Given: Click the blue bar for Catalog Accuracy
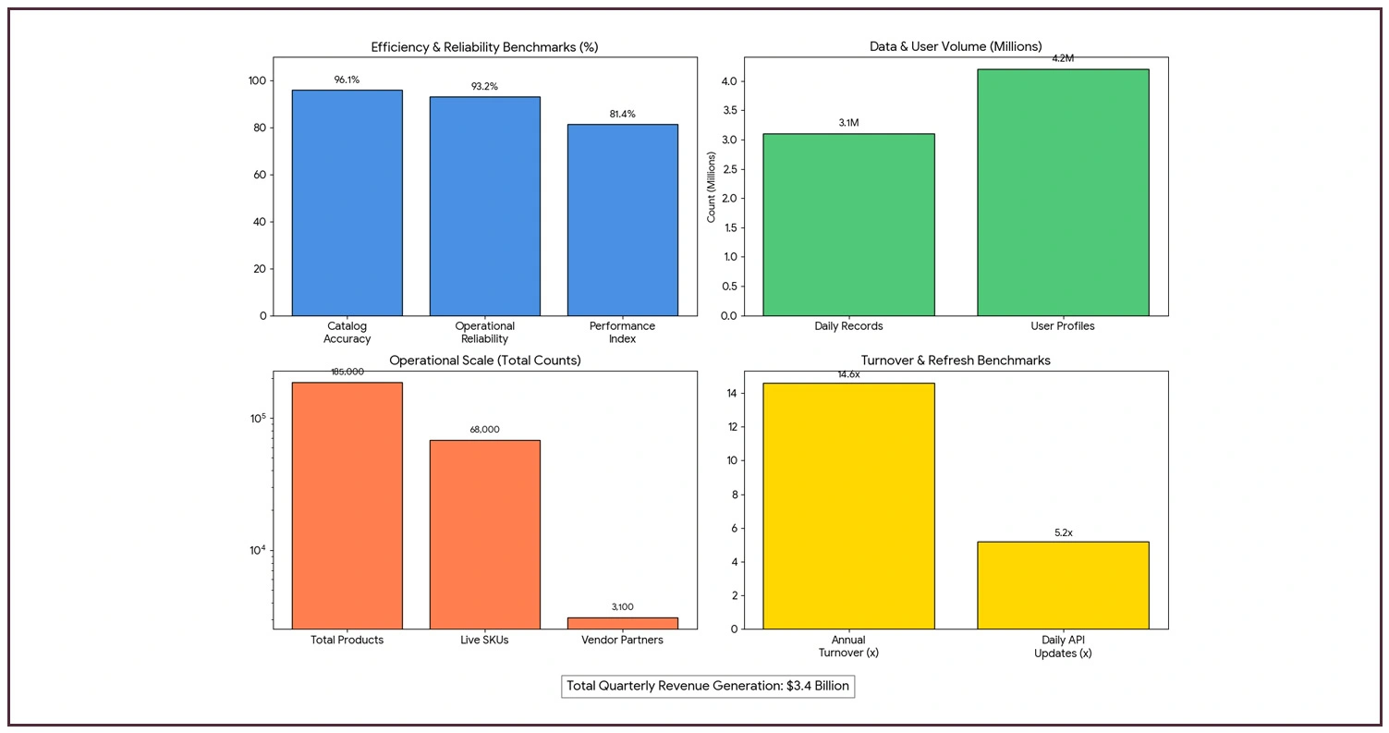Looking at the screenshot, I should [347, 202].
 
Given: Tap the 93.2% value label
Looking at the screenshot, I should [484, 86].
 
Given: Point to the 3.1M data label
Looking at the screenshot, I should [847, 122].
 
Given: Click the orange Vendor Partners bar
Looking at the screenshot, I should [622, 623].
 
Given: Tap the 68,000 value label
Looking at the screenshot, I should [484, 430].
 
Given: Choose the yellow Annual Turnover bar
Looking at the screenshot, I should [847, 506].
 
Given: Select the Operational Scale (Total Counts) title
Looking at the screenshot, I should [484, 360].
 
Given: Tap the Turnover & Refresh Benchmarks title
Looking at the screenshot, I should [956, 360].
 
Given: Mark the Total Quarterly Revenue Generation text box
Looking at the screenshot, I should [707, 686].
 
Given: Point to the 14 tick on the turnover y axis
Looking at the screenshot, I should [731, 394].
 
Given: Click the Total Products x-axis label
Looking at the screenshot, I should [347, 640].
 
